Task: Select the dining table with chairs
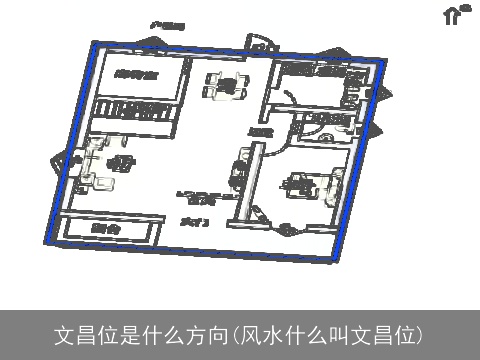pos(225,87)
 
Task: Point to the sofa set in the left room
pos(103,162)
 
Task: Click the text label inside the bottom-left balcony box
pos(104,230)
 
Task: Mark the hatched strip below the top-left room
pos(134,110)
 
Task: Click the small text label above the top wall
pos(166,23)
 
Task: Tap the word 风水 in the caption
pos(262,334)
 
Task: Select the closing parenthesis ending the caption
pos(421,334)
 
